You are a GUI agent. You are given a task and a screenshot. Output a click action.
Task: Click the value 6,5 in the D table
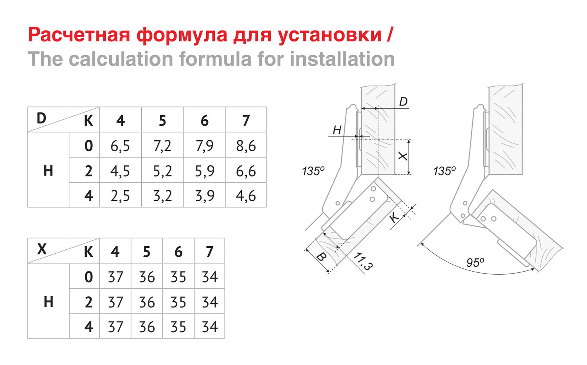(120, 146)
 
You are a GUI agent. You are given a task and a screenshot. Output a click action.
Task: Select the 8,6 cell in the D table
(246, 146)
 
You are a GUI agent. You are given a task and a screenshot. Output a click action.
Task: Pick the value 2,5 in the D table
(120, 196)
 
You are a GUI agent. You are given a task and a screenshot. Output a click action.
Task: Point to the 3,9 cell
(205, 196)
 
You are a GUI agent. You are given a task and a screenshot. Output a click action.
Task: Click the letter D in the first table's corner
(41, 118)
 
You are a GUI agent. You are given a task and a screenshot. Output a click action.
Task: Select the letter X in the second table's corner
(42, 249)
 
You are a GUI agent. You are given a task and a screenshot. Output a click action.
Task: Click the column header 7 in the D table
(246, 121)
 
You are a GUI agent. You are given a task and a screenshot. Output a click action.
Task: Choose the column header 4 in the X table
(115, 252)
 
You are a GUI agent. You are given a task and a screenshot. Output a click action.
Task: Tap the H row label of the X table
(49, 301)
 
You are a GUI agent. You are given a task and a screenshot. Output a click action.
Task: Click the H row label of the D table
(49, 171)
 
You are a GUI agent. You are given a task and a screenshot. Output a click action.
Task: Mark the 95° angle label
(475, 263)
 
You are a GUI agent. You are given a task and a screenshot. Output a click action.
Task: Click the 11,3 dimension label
(363, 261)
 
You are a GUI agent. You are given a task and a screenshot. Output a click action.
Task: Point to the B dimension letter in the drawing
(321, 257)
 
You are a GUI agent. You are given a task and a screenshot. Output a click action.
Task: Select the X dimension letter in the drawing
(403, 156)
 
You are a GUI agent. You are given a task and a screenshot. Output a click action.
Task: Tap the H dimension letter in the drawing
(337, 130)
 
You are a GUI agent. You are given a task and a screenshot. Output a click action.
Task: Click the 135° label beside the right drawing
(445, 171)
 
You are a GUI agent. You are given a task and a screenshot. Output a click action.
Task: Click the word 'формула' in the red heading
(182, 35)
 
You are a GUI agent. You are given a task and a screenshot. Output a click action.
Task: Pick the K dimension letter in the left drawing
(394, 217)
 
